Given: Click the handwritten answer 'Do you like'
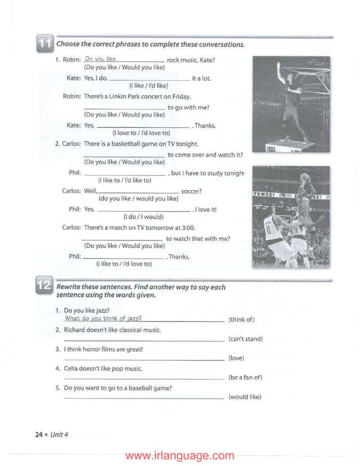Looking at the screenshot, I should click(100, 59).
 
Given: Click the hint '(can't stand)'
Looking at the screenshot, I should click(245, 339).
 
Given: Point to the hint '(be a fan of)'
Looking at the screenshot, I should click(245, 377).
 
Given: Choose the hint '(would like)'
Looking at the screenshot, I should click(245, 397).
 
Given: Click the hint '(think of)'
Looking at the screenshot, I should click(242, 319).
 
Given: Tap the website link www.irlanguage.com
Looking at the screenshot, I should click(179, 455).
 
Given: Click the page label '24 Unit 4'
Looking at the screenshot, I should click(51, 434).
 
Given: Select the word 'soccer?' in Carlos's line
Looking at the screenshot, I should click(191, 191).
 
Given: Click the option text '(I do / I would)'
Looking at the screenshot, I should click(143, 216).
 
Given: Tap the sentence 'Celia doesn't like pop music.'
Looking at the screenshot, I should click(103, 368).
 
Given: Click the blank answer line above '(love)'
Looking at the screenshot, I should click(144, 359).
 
